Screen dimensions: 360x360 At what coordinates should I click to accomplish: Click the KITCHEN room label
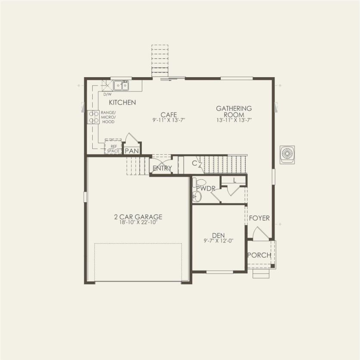[122, 103]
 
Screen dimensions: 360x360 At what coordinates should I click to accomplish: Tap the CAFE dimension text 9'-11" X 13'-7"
[169, 121]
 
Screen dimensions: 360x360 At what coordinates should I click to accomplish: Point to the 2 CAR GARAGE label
[135, 217]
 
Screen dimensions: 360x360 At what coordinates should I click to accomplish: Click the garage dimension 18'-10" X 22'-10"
[135, 223]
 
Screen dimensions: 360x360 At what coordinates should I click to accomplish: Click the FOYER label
[259, 218]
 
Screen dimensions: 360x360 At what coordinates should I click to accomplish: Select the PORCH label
[260, 255]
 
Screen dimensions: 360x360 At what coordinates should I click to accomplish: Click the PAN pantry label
[131, 150]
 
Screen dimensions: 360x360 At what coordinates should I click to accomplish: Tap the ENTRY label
[162, 168]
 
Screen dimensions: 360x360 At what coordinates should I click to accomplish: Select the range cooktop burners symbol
[93, 117]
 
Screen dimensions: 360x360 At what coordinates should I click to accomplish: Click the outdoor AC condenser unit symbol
[287, 155]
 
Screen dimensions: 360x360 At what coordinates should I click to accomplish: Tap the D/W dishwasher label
[107, 94]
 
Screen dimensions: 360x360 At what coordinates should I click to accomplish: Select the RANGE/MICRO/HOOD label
[108, 117]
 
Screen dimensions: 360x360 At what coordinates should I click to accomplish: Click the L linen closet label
[234, 180]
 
